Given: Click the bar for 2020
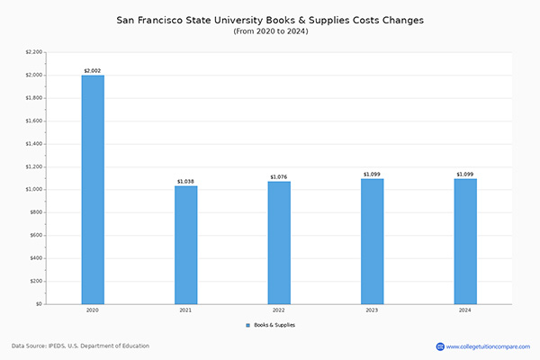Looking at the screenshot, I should pyautogui.click(x=93, y=189).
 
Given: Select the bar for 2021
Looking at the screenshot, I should pyautogui.click(x=186, y=245).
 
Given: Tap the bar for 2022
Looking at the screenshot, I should pyautogui.click(x=279, y=243).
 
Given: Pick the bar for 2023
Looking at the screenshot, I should pyautogui.click(x=372, y=241).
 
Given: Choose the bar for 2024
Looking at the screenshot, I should pyautogui.click(x=465, y=241).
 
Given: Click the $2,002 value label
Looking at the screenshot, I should pyautogui.click(x=93, y=69).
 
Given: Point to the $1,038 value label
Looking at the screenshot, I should pyautogui.click(x=186, y=181).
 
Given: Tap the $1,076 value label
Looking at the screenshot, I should pyautogui.click(x=279, y=176).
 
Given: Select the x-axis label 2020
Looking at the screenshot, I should pyautogui.click(x=93, y=310).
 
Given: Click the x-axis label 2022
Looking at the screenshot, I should pyautogui.click(x=279, y=310).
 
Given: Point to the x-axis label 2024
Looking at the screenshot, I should pyautogui.click(x=465, y=310).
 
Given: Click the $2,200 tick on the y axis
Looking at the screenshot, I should pyautogui.click(x=33, y=52).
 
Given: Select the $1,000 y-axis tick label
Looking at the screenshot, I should pyautogui.click(x=33, y=190).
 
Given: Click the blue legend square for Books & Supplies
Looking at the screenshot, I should pyautogui.click(x=247, y=324).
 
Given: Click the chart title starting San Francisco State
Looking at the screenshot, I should pyautogui.click(x=270, y=18).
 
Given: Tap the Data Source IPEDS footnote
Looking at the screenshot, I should pyautogui.click(x=80, y=346).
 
